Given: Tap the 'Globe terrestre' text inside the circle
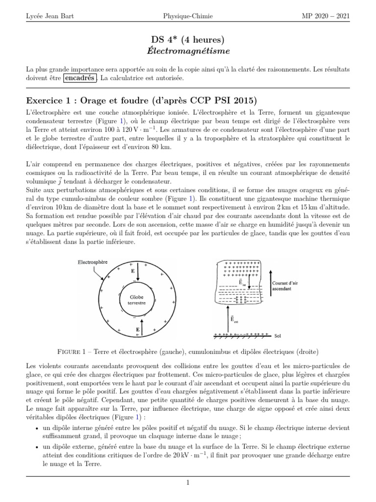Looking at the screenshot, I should tap(137, 300).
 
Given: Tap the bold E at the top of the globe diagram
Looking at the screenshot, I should tap(132, 270).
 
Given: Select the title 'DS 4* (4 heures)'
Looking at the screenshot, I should tap(188, 39).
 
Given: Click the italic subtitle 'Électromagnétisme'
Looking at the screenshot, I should tap(188, 50).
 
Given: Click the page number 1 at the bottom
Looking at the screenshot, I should tap(188, 483).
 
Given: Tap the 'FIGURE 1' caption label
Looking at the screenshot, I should tap(72, 351).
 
